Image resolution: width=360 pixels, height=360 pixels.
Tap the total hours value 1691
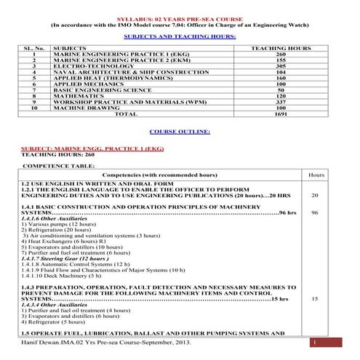(271, 114)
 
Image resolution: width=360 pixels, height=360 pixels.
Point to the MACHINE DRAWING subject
(79, 108)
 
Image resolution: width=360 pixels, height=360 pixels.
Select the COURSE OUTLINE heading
(180, 131)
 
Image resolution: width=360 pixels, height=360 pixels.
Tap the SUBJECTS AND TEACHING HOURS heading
(180, 35)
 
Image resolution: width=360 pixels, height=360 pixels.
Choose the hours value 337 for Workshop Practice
(271, 102)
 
